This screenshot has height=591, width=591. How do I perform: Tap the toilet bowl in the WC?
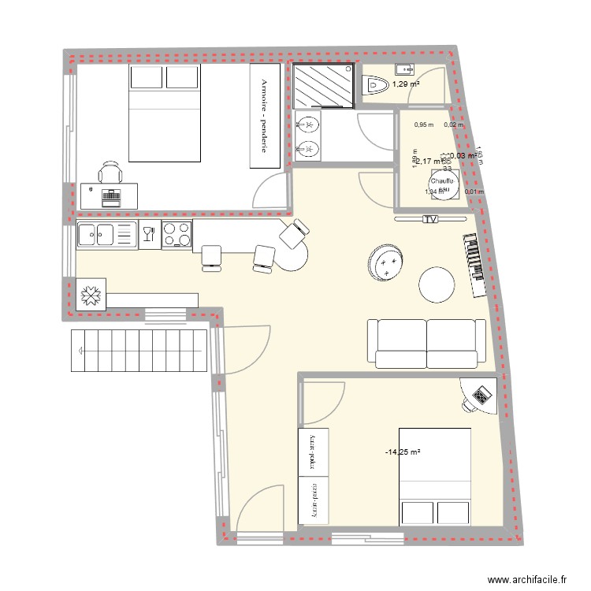point(376,85)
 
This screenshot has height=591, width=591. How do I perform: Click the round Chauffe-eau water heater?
point(441,187)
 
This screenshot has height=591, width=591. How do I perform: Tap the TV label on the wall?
point(431,219)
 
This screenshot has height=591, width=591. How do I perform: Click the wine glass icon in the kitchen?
point(147,233)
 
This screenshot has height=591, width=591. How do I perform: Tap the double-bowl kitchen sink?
point(106,235)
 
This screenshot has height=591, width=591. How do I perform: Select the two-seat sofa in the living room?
point(426,343)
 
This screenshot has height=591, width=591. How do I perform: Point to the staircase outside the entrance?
point(139,349)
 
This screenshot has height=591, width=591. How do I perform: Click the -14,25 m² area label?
point(402,452)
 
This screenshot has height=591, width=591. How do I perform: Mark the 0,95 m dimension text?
point(424,125)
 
